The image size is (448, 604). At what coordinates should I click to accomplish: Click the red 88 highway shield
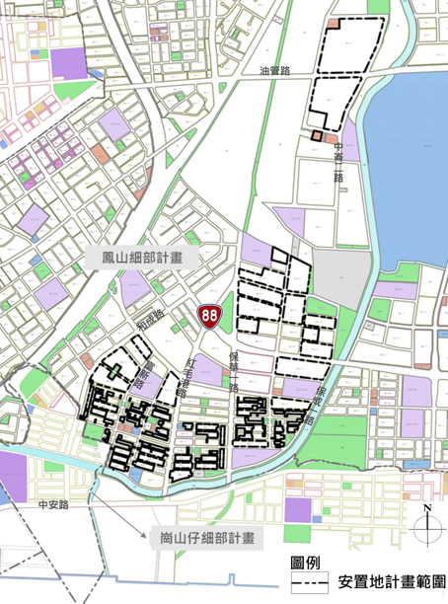tap(208, 316)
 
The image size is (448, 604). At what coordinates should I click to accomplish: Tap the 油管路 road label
tap(274, 71)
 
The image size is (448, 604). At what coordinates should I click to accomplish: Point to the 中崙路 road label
tap(338, 164)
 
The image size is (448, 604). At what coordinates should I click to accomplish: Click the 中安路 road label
tap(47, 505)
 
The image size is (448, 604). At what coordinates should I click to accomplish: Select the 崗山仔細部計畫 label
tap(207, 540)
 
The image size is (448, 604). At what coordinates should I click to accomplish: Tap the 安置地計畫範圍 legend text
tap(390, 583)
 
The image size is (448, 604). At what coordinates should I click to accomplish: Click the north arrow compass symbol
tap(425, 530)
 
